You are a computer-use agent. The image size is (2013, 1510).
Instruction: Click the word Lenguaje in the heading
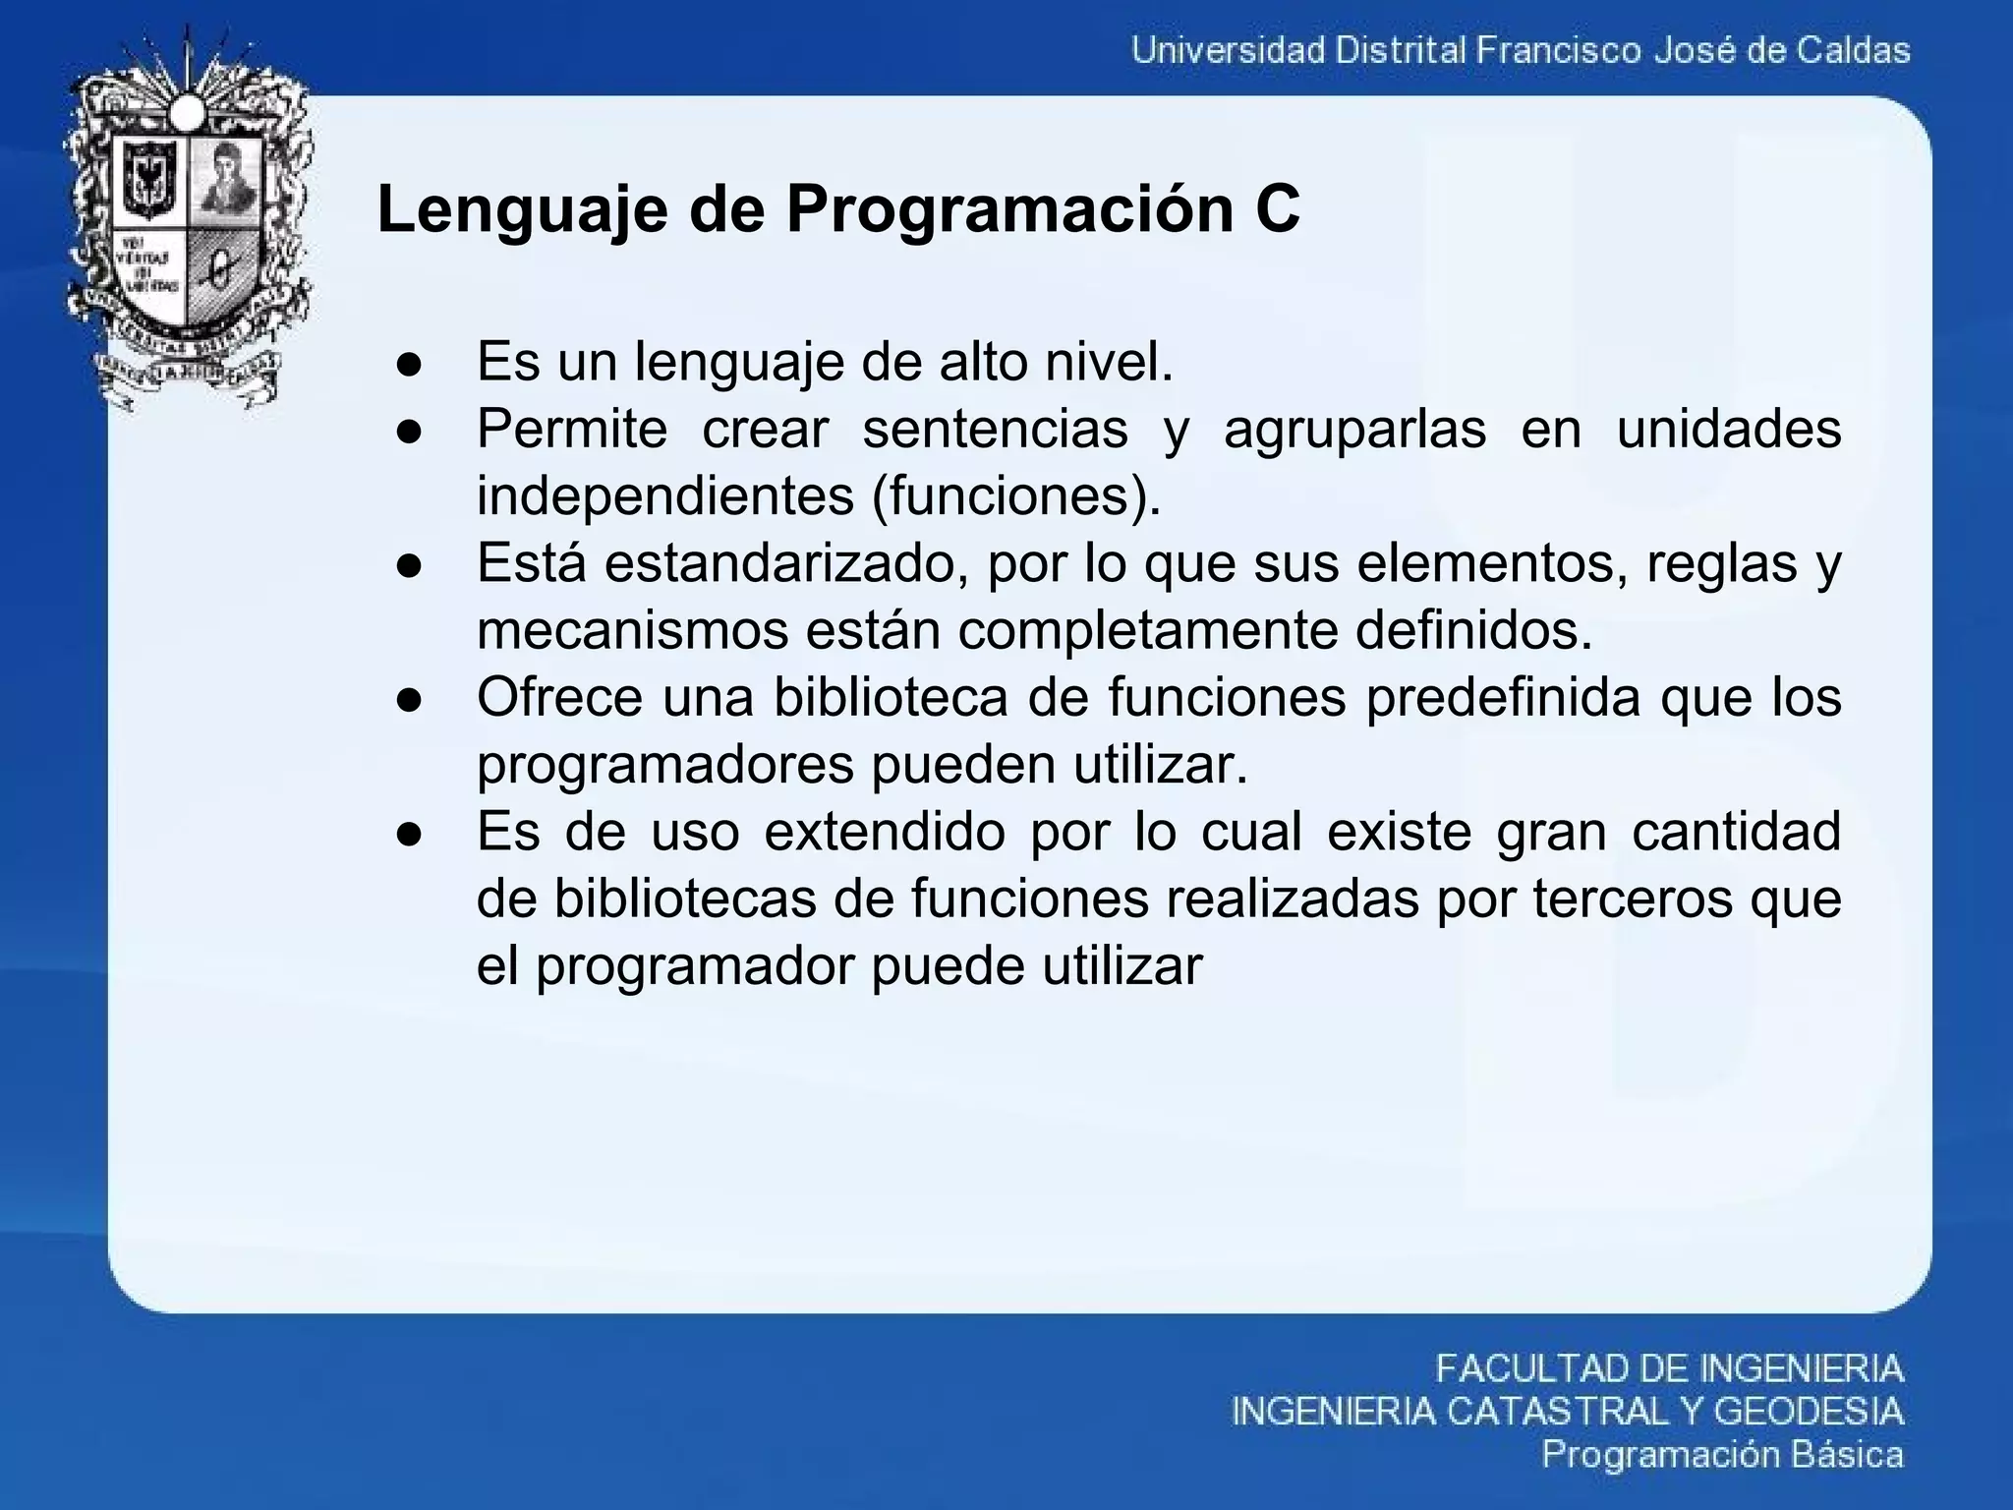pyautogui.click(x=522, y=209)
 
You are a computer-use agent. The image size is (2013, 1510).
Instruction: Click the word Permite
pyautogui.click(x=571, y=430)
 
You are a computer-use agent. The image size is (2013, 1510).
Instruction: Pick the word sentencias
pyautogui.click(x=995, y=430)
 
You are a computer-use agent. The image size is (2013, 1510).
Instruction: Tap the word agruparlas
pyautogui.click(x=1354, y=430)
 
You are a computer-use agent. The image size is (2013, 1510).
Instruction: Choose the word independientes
pyautogui.click(x=665, y=496)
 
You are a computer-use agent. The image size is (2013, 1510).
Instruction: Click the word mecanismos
pyautogui.click(x=632, y=630)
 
